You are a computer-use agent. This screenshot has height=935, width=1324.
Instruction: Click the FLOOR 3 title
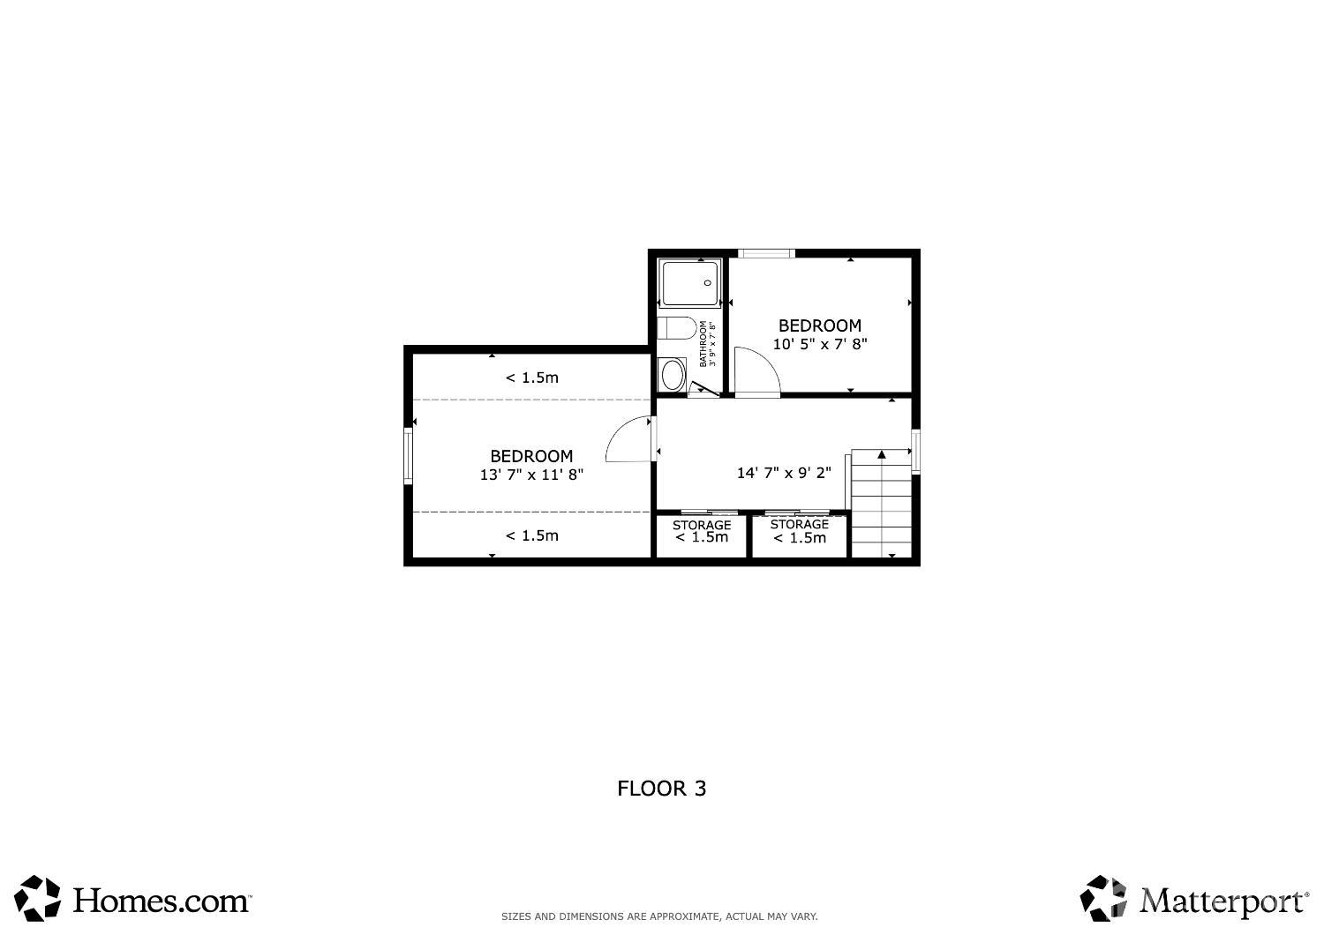pos(661,789)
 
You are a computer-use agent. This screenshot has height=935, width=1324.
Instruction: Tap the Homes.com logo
pos(133,898)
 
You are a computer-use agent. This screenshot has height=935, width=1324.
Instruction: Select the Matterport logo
pos(1194,898)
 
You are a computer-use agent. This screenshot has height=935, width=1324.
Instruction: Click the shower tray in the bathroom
pos(689,283)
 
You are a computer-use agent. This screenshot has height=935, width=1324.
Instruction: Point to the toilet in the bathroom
pos(677,328)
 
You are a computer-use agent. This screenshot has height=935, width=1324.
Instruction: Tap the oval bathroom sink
pos(672,375)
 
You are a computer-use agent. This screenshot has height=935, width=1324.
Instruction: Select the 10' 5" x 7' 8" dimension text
pos(820,344)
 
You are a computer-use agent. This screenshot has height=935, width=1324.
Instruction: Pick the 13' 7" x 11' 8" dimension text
pos(531,475)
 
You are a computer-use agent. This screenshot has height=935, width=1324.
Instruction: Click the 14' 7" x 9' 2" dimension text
pos(784,473)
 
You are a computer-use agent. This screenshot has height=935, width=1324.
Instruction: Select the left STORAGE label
pos(702,525)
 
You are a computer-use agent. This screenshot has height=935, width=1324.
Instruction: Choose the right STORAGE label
pos(799,524)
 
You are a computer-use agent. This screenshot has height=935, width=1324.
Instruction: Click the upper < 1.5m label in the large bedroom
pos(532,378)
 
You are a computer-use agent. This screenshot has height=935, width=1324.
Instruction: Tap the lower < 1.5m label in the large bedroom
pos(532,535)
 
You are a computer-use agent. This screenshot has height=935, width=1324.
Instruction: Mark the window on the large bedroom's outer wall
pos(408,455)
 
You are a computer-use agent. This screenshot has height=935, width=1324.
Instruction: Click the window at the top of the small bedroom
pos(766,253)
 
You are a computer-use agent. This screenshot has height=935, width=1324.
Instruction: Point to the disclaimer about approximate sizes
pos(659,916)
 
